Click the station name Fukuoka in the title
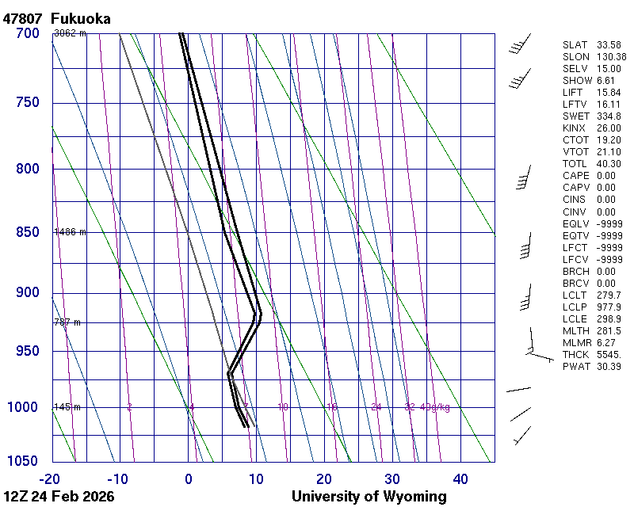click(80, 18)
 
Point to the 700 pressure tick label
click(27, 33)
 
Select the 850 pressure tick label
click(27, 232)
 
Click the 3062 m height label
click(70, 33)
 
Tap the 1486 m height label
click(70, 232)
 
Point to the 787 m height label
click(67, 322)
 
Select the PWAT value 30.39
click(609, 367)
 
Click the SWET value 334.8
click(609, 116)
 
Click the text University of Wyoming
click(369, 497)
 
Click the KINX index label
click(575, 128)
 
